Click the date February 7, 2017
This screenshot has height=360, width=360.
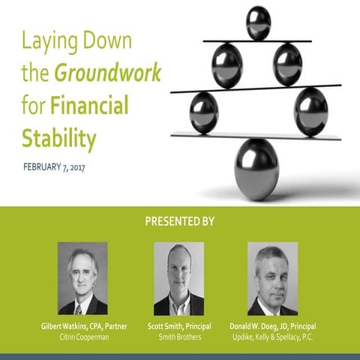coord(55,165)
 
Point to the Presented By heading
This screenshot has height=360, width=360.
coord(179,222)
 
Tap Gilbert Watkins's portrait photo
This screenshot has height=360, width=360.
coord(82,278)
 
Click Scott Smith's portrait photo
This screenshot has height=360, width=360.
coord(178,278)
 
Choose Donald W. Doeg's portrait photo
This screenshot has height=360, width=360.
coord(273,278)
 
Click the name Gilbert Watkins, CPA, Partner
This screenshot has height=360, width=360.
coord(82,327)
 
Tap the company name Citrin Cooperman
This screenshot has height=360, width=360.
coord(82,338)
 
